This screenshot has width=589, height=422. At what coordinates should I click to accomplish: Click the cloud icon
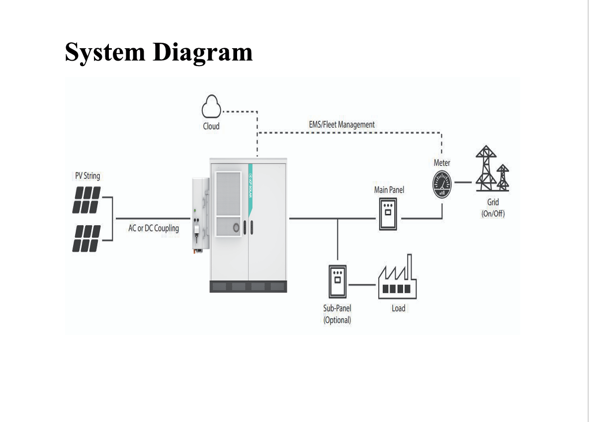pos(211,107)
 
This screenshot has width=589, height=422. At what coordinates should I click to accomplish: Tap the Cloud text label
pos(211,126)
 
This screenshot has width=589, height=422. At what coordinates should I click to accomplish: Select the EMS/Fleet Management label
pos(342,124)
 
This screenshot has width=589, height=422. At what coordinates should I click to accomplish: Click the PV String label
pos(87,176)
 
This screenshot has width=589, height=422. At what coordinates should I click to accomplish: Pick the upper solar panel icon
pos(87,200)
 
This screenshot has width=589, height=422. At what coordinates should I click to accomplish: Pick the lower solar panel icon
pos(87,238)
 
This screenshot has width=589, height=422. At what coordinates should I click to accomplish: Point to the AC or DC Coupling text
pos(154,228)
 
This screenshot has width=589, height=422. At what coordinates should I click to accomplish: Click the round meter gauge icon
pos(442,184)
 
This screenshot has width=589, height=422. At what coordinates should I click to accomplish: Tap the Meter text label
pos(442,163)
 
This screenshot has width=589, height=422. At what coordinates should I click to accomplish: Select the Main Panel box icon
pos(389,214)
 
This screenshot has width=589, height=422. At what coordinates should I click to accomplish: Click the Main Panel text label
pos(389,190)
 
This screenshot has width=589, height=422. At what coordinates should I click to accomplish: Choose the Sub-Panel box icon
pos(337,282)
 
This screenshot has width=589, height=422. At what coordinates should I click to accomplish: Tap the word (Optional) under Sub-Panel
pos(337,320)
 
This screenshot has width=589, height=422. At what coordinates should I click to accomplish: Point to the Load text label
pos(399,308)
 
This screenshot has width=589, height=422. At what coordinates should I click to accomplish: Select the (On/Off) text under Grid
pos(493,214)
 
